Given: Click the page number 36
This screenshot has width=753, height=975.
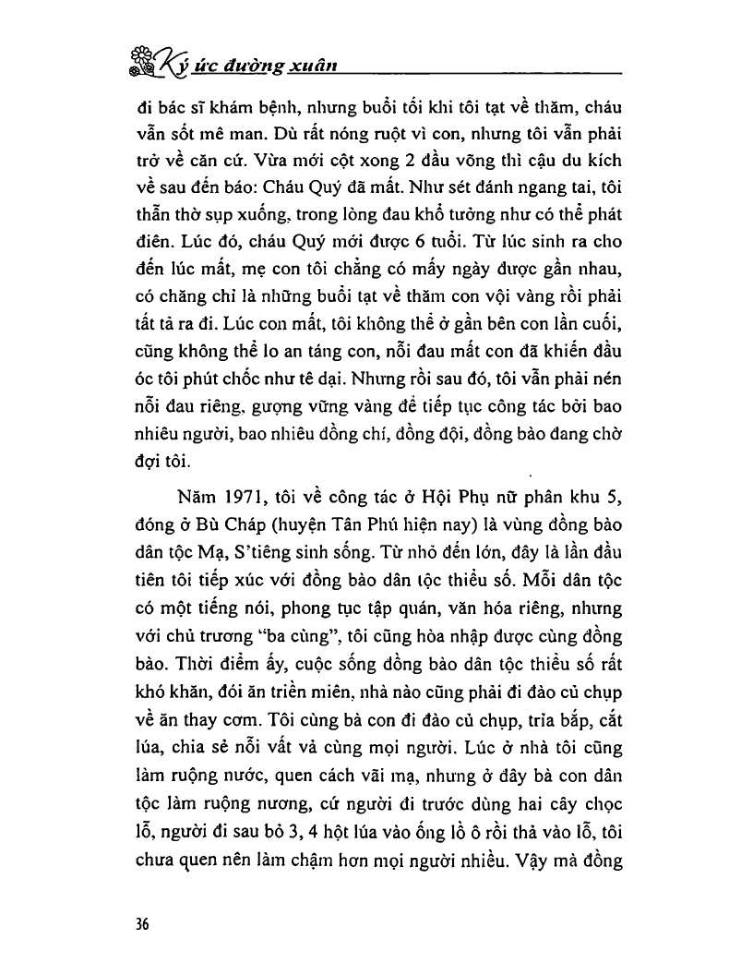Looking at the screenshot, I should click(x=141, y=924).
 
